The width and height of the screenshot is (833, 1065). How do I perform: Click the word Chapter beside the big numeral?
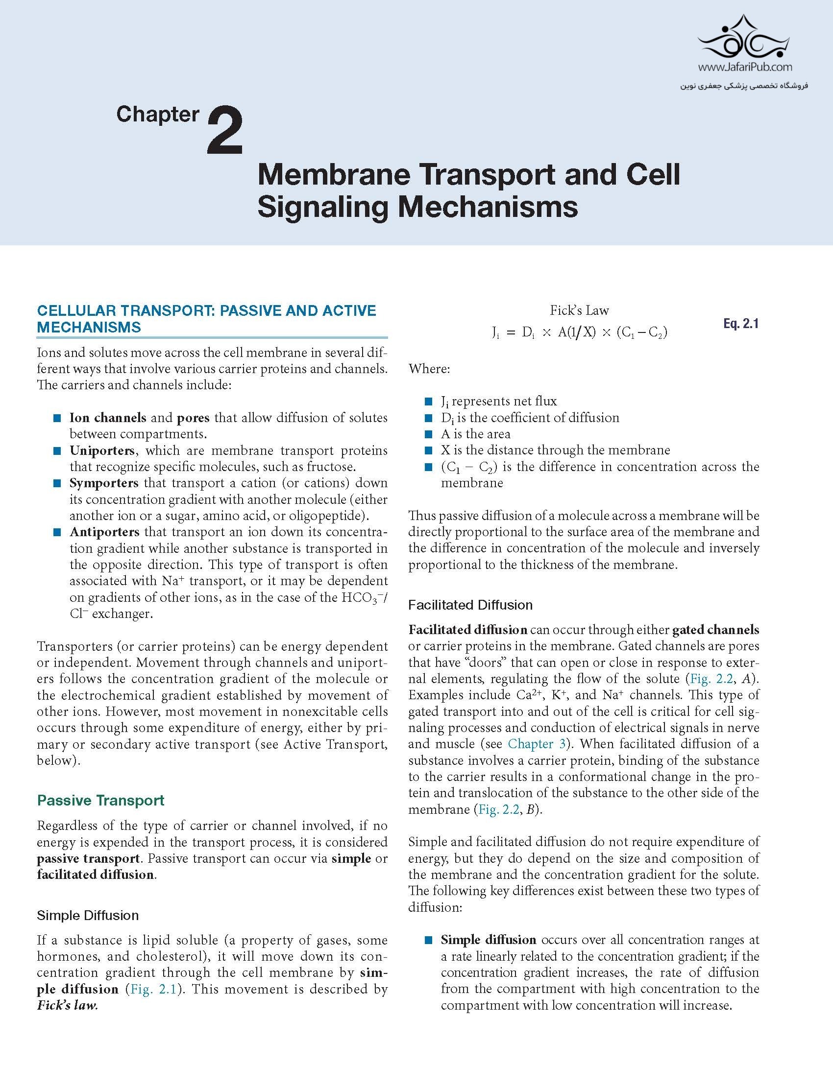point(158,115)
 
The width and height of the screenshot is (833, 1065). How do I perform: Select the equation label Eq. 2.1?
point(740,324)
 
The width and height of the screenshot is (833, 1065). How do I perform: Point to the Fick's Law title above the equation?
point(579,310)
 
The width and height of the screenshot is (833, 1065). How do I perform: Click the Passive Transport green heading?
point(100,801)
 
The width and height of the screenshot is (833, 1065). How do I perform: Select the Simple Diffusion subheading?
point(88,916)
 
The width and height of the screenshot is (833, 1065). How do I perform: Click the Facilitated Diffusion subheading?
point(470,605)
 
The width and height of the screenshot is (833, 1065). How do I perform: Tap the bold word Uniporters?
point(102,450)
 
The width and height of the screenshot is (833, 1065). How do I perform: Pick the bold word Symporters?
point(104,483)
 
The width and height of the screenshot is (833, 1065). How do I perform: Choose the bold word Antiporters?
point(104,532)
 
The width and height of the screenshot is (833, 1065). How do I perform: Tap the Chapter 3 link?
point(537,744)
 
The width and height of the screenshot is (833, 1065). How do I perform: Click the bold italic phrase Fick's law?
point(67,1006)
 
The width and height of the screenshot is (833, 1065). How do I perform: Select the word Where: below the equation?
point(429,369)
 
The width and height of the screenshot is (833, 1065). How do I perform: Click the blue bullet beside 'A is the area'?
point(429,434)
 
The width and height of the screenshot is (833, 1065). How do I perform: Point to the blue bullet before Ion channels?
point(57,418)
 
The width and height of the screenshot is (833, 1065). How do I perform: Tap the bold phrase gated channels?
point(716,630)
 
